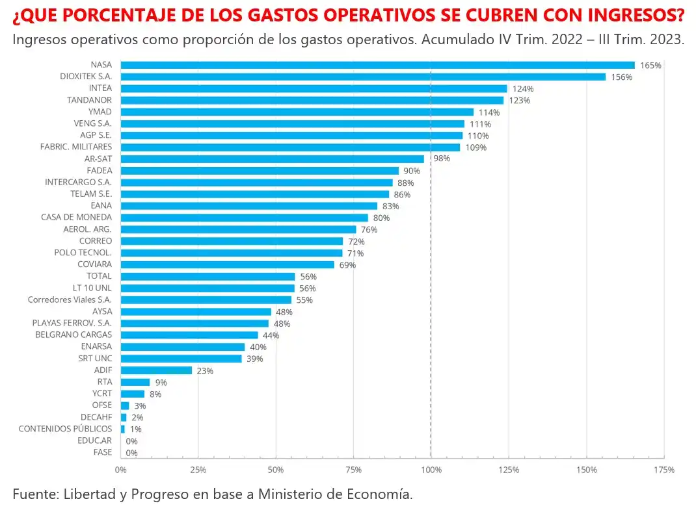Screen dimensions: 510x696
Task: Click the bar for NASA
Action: pos(377,65)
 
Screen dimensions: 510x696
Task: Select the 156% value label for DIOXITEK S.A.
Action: pos(621,77)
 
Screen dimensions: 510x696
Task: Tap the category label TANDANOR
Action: pos(89,100)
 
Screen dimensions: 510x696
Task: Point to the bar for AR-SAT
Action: pos(272,159)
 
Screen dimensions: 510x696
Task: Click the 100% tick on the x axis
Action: pos(431,469)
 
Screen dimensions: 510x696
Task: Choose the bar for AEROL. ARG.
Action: pos(238,229)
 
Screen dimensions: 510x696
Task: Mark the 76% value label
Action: pos(369,229)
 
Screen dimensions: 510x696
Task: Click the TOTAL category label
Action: pos(100,276)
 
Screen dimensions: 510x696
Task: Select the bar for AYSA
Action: pos(196,312)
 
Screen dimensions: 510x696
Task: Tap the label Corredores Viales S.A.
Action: pos(70,300)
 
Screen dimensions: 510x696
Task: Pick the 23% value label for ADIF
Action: pos(205,370)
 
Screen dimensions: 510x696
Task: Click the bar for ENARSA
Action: pos(183,347)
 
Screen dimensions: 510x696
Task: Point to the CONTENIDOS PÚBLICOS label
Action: pos(65,429)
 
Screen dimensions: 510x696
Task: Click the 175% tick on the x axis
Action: pos(664,469)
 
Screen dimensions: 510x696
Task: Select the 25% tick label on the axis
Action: pos(198,469)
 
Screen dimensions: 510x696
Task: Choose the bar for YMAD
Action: pos(297,112)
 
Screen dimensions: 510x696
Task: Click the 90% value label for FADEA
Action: pos(412,171)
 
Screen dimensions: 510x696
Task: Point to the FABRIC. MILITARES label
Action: pos(75,147)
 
